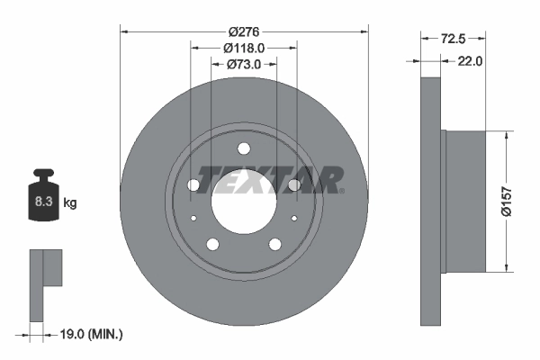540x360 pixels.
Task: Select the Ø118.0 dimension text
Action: click(244, 48)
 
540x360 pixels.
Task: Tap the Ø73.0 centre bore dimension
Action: click(244, 64)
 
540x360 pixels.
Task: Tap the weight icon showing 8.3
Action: click(42, 201)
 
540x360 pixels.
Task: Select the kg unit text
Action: click(69, 203)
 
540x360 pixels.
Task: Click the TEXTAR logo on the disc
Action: click(269, 179)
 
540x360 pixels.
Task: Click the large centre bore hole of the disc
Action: click(243, 194)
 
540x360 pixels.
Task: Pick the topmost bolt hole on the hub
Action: click(244, 149)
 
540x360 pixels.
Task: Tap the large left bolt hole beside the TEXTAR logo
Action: click(193, 184)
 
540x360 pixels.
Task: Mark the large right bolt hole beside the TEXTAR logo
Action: click(294, 184)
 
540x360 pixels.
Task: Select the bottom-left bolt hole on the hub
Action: click(212, 243)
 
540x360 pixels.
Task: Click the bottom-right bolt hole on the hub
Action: click(274, 243)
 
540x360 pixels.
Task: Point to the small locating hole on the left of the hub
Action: click(194, 218)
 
